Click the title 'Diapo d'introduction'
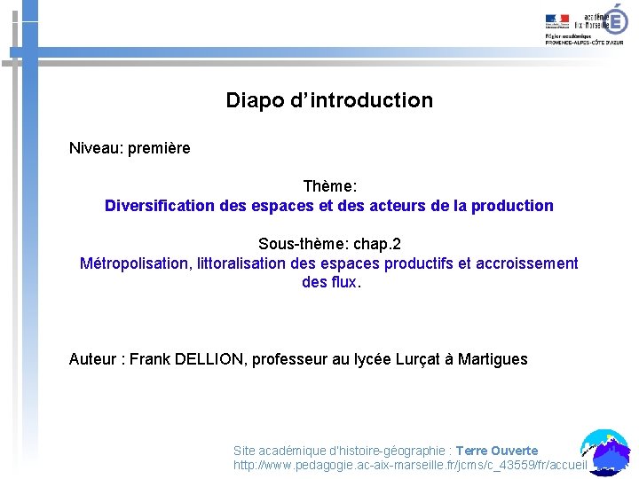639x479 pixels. (329, 100)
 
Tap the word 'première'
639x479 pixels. (159, 148)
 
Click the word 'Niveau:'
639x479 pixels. (96, 148)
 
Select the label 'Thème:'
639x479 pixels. (329, 186)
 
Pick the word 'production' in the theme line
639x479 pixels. (513, 206)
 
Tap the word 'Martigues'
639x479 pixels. (493, 359)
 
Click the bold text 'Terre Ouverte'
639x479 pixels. (497, 451)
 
